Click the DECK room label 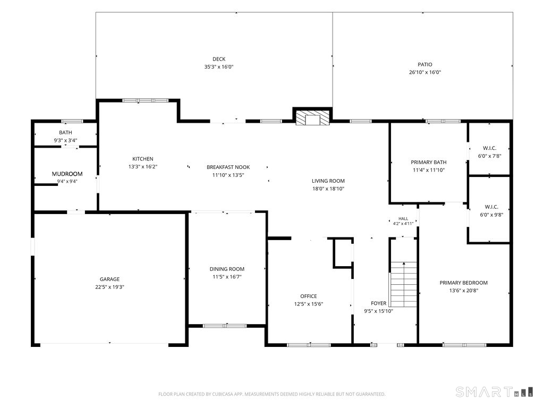[219, 59]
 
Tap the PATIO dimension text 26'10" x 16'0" [425, 72]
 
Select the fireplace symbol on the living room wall [312, 118]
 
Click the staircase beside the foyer [404, 285]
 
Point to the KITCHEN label [143, 159]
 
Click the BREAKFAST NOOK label [228, 167]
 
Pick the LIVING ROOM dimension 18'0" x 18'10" [328, 189]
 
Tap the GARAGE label [109, 279]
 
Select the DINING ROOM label [227, 269]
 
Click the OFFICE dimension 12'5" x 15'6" [309, 304]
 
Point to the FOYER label [378, 303]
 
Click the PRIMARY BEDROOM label [463, 283]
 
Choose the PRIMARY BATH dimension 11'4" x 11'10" [429, 170]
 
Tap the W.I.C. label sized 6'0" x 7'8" [489, 148]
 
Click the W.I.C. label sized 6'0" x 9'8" [491, 207]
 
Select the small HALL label [403, 218]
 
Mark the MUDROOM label [67, 174]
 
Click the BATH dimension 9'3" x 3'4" [65, 140]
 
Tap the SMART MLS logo [495, 392]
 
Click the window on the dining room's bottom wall [225, 326]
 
